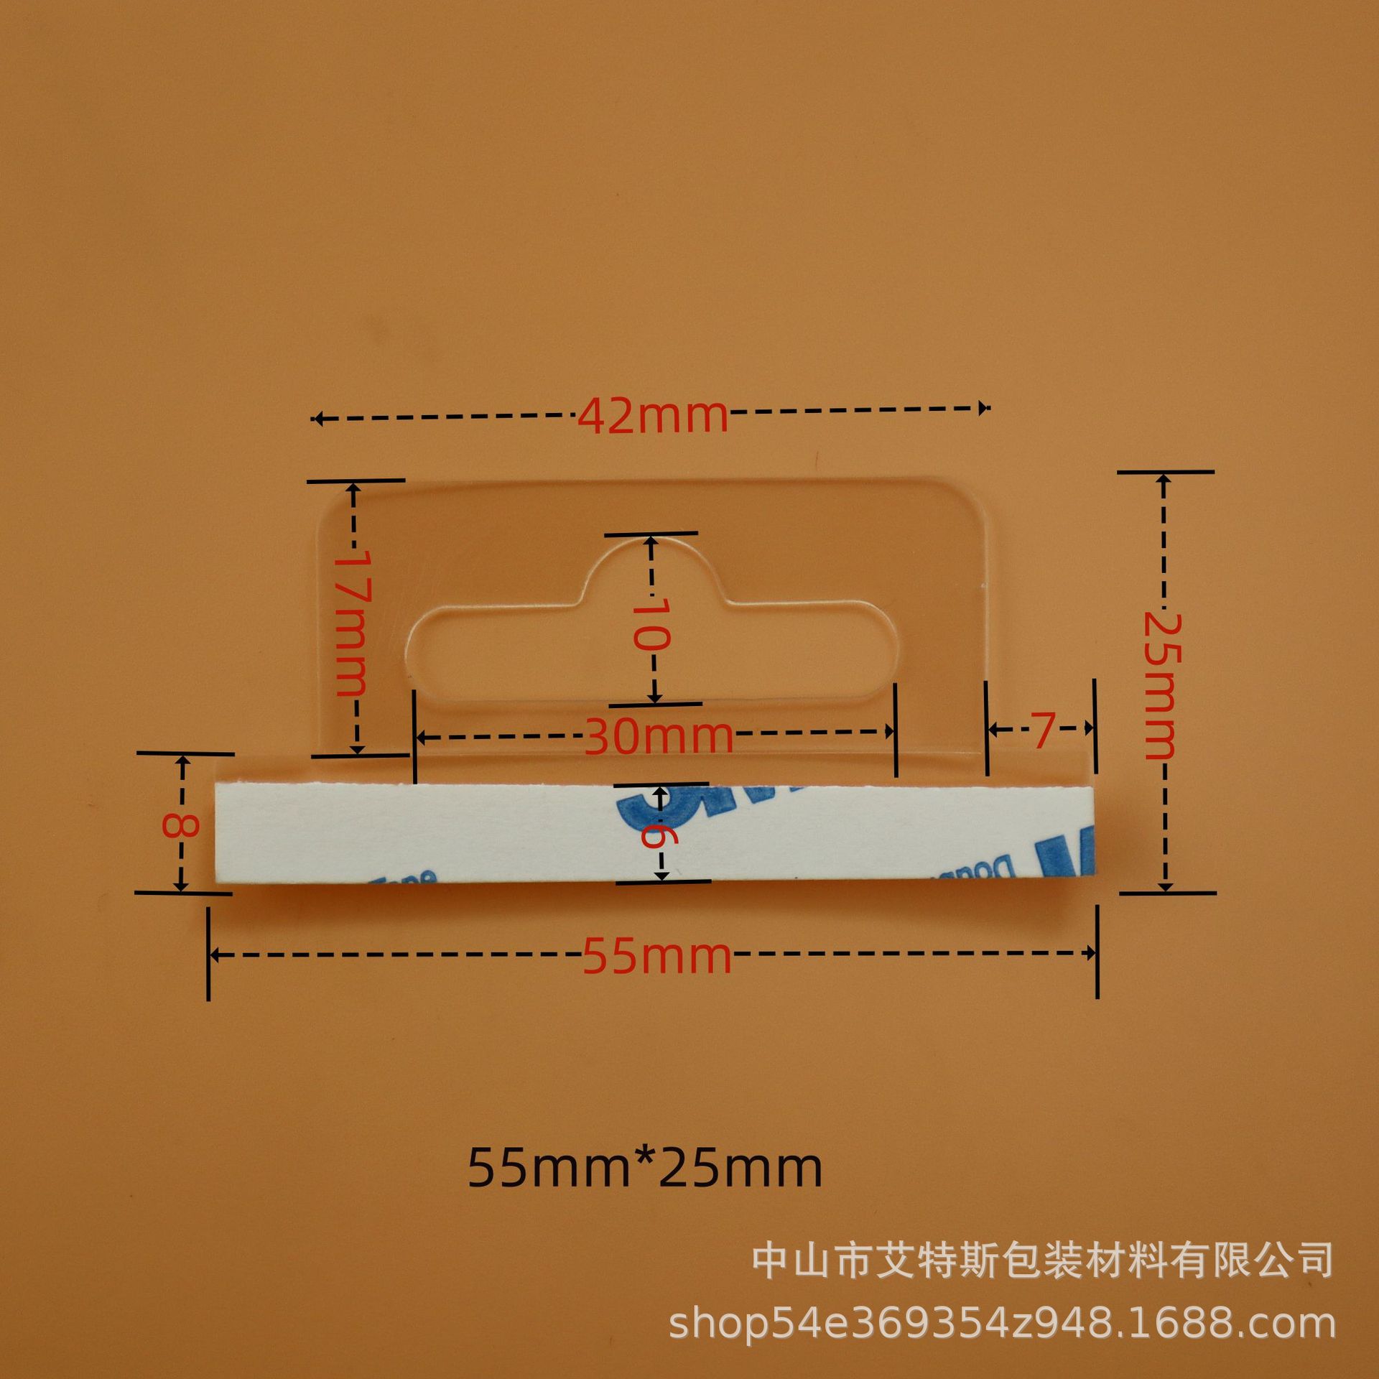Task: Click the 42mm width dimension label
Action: pyautogui.click(x=652, y=417)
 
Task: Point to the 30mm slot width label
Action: pyautogui.click(x=658, y=736)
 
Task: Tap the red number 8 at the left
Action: pyautogui.click(x=180, y=824)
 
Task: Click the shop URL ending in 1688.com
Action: pyautogui.click(x=1002, y=1324)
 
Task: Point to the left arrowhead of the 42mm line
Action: pyautogui.click(x=317, y=419)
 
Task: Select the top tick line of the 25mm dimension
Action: pyautogui.click(x=1165, y=472)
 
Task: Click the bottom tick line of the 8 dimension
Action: pyautogui.click(x=183, y=893)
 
